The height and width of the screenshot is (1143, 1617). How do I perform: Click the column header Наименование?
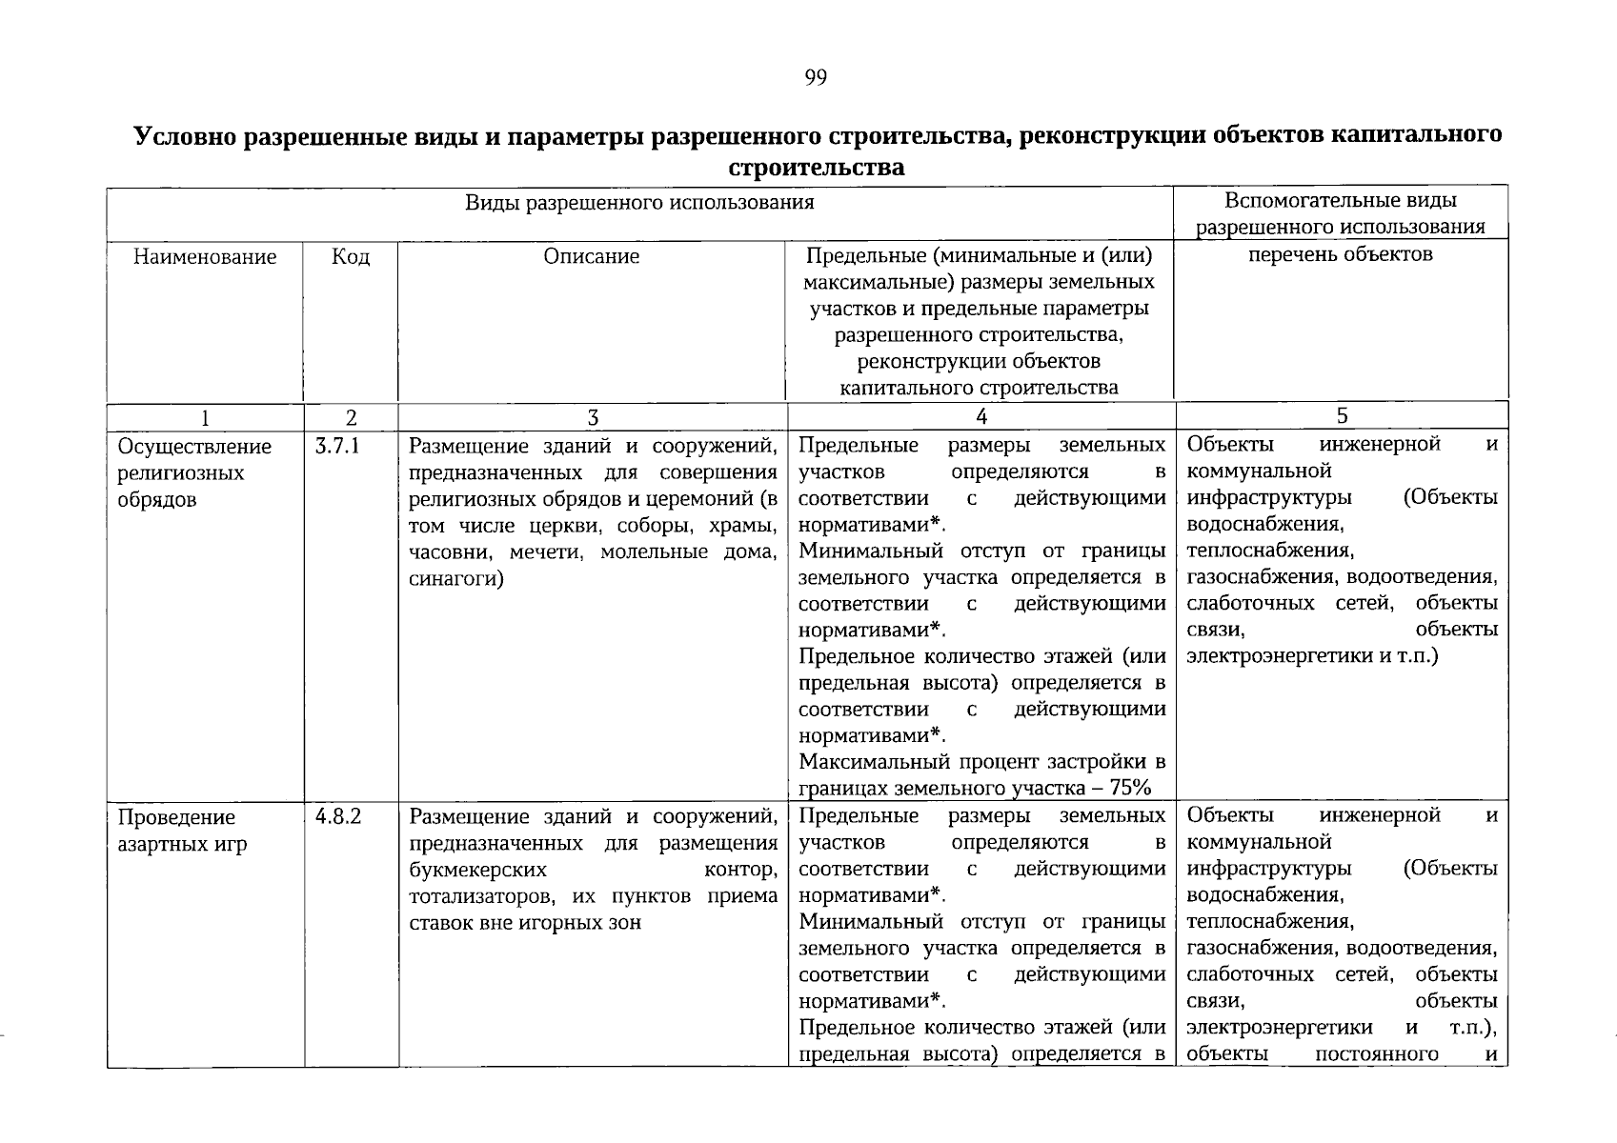(205, 256)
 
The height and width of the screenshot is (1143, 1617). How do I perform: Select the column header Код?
(351, 256)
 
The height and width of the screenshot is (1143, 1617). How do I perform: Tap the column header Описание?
(592, 256)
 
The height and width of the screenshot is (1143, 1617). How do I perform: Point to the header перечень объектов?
(1341, 254)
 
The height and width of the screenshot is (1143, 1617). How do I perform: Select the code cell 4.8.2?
(337, 816)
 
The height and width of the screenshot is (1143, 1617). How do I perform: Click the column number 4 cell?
(981, 416)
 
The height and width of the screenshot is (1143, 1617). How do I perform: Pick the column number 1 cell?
(205, 417)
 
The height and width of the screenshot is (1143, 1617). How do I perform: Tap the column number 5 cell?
(1342, 415)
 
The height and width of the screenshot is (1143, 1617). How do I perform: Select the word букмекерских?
(477, 869)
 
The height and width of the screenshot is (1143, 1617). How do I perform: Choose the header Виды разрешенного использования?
(639, 202)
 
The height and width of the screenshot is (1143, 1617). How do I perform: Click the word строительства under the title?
(815, 169)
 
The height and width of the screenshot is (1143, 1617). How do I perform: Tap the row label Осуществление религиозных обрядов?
(194, 472)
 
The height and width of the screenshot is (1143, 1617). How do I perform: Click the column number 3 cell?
(593, 417)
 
